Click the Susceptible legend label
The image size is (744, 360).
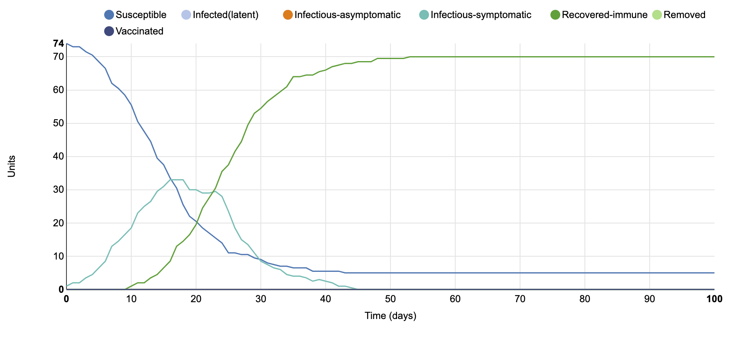click(141, 15)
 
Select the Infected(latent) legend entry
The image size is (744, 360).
click(225, 15)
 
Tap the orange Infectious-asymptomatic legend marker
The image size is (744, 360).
click(288, 15)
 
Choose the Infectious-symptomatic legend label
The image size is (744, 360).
click(481, 15)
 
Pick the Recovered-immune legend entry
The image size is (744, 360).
click(604, 15)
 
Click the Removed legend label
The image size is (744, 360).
click(684, 15)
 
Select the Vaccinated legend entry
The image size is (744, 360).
click(139, 31)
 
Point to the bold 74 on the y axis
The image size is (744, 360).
click(59, 43)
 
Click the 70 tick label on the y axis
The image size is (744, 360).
click(59, 57)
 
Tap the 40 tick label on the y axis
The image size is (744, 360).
click(59, 156)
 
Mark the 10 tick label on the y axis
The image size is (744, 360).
click(59, 256)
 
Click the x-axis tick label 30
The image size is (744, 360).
click(261, 299)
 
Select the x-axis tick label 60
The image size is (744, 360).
click(455, 299)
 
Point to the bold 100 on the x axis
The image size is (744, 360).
click(714, 299)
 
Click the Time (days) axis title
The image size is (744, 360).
click(390, 316)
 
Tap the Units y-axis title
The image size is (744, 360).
click(11, 166)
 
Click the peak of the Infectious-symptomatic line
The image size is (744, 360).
click(177, 180)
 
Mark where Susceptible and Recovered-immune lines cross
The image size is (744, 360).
click(196, 223)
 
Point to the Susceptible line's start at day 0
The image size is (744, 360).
click(67, 43)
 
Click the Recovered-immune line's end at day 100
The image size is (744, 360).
click(714, 57)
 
